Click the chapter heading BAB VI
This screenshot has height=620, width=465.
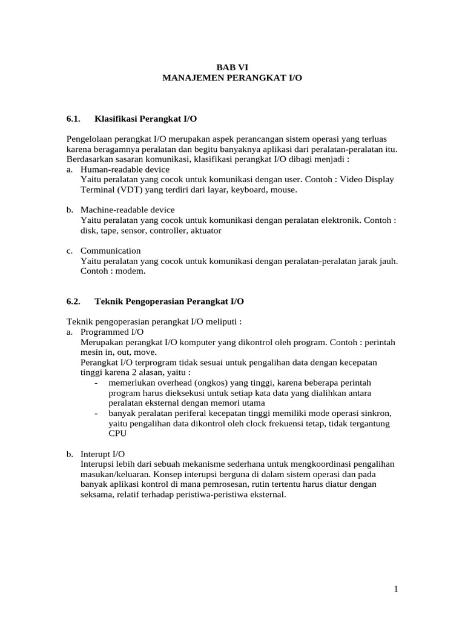tap(232, 68)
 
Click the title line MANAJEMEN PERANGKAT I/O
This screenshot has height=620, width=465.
tap(232, 79)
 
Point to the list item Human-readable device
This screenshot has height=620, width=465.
tap(125, 170)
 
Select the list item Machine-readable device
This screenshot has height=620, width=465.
tap(128, 210)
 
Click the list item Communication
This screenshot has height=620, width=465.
tap(110, 251)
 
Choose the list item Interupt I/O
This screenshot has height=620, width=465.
tap(103, 453)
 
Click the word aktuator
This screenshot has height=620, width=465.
tap(204, 231)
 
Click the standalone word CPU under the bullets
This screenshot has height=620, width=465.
tap(117, 434)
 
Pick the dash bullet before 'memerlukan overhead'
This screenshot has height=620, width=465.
tap(97, 383)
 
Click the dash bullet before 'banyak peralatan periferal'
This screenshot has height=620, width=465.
tap(97, 414)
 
